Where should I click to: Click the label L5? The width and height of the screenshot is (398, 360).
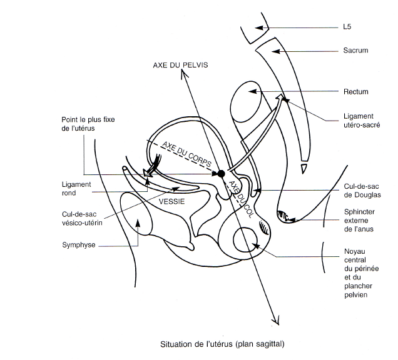click(x=348, y=27)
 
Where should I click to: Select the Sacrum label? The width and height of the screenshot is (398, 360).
click(x=355, y=50)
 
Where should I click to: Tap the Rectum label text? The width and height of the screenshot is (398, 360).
click(x=355, y=92)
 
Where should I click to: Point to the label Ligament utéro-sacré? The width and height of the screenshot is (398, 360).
click(x=359, y=119)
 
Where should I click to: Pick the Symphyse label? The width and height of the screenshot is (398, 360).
click(x=79, y=244)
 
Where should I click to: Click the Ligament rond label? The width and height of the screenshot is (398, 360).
click(x=78, y=188)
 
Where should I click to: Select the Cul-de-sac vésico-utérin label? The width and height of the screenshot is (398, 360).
click(x=83, y=217)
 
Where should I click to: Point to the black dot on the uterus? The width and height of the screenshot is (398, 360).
click(x=220, y=172)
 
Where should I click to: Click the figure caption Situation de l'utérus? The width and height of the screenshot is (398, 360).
click(x=226, y=344)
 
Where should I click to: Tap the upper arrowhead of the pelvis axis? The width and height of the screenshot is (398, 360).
click(x=181, y=72)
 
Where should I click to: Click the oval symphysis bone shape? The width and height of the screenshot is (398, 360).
click(x=136, y=219)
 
